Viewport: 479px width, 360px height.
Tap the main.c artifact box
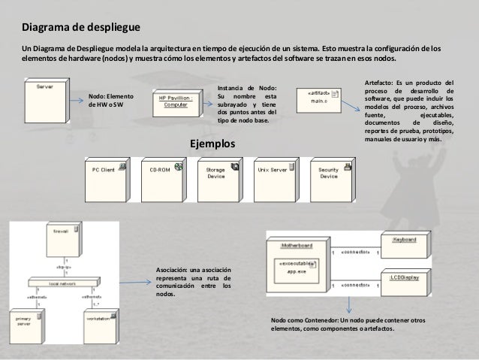tap(318, 95)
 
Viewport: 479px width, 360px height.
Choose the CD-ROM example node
tap(161, 175)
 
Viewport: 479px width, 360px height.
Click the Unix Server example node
tap(272, 175)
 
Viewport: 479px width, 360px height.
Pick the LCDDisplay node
tap(409, 281)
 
